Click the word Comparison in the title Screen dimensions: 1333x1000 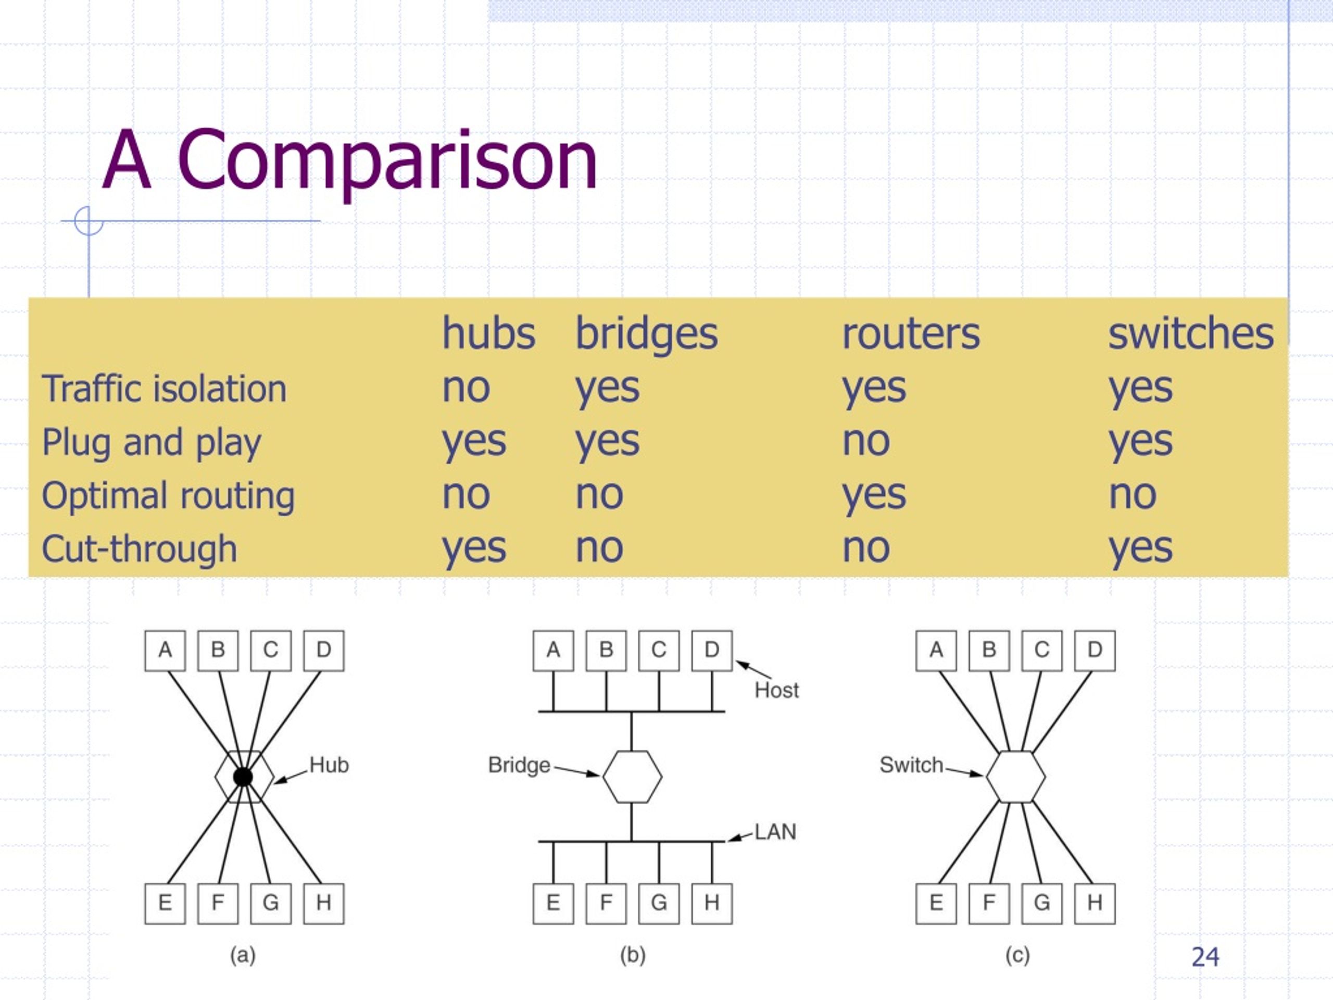[x=387, y=161]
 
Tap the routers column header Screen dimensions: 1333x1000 [x=911, y=334]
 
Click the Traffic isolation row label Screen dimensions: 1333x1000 [x=164, y=388]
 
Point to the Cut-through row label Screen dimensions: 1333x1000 [x=139, y=549]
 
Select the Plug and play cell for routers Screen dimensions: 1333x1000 [x=866, y=442]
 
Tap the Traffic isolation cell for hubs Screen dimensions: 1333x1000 [x=466, y=388]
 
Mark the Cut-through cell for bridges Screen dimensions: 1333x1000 [x=599, y=548]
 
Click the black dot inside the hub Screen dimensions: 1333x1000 [x=243, y=777]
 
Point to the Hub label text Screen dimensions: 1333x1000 [x=329, y=765]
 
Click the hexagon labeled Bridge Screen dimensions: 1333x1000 [x=632, y=777]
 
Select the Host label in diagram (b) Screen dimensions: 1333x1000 [x=777, y=690]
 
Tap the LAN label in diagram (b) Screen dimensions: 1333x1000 [x=775, y=832]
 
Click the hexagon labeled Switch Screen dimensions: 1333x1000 [x=1016, y=777]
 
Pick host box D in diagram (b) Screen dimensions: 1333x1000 [x=712, y=651]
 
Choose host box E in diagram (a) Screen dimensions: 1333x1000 [x=165, y=904]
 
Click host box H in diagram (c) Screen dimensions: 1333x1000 [x=1095, y=904]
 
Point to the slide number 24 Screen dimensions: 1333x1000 [x=1205, y=957]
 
